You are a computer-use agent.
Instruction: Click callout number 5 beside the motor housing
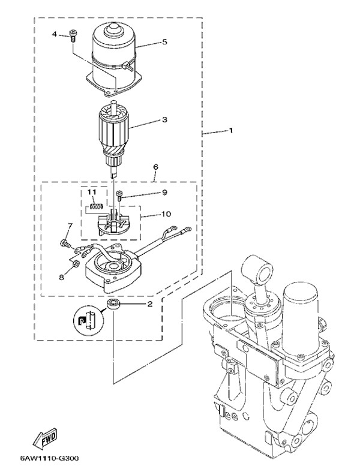tap(165, 41)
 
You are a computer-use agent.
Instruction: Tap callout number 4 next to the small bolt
tap(54, 34)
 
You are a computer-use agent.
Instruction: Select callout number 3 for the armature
tap(164, 119)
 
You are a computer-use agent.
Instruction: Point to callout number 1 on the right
tap(230, 131)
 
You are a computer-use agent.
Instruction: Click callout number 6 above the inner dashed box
tap(155, 167)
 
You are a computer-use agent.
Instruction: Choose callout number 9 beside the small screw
tap(164, 193)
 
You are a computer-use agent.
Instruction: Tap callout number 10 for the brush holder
tap(166, 214)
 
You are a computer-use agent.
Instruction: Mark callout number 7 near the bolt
tap(70, 226)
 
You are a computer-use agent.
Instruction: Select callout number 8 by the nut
tap(61, 277)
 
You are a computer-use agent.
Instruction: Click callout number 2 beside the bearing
tap(150, 304)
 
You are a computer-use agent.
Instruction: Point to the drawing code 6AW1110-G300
tap(50, 458)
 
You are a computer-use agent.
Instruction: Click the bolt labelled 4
tap(73, 36)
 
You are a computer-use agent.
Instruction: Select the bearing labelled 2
tap(113, 305)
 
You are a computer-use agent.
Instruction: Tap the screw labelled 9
tap(120, 196)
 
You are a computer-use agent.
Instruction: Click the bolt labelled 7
tap(65, 243)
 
